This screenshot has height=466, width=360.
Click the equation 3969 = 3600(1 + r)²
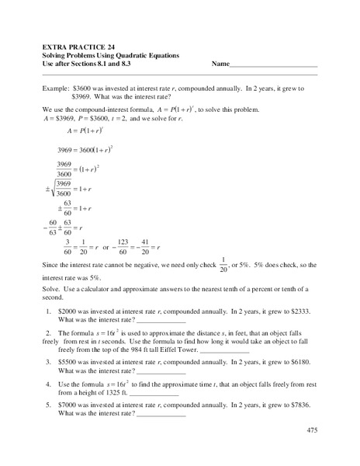[x=92, y=148]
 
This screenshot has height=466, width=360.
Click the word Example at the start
[x=59, y=89]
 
